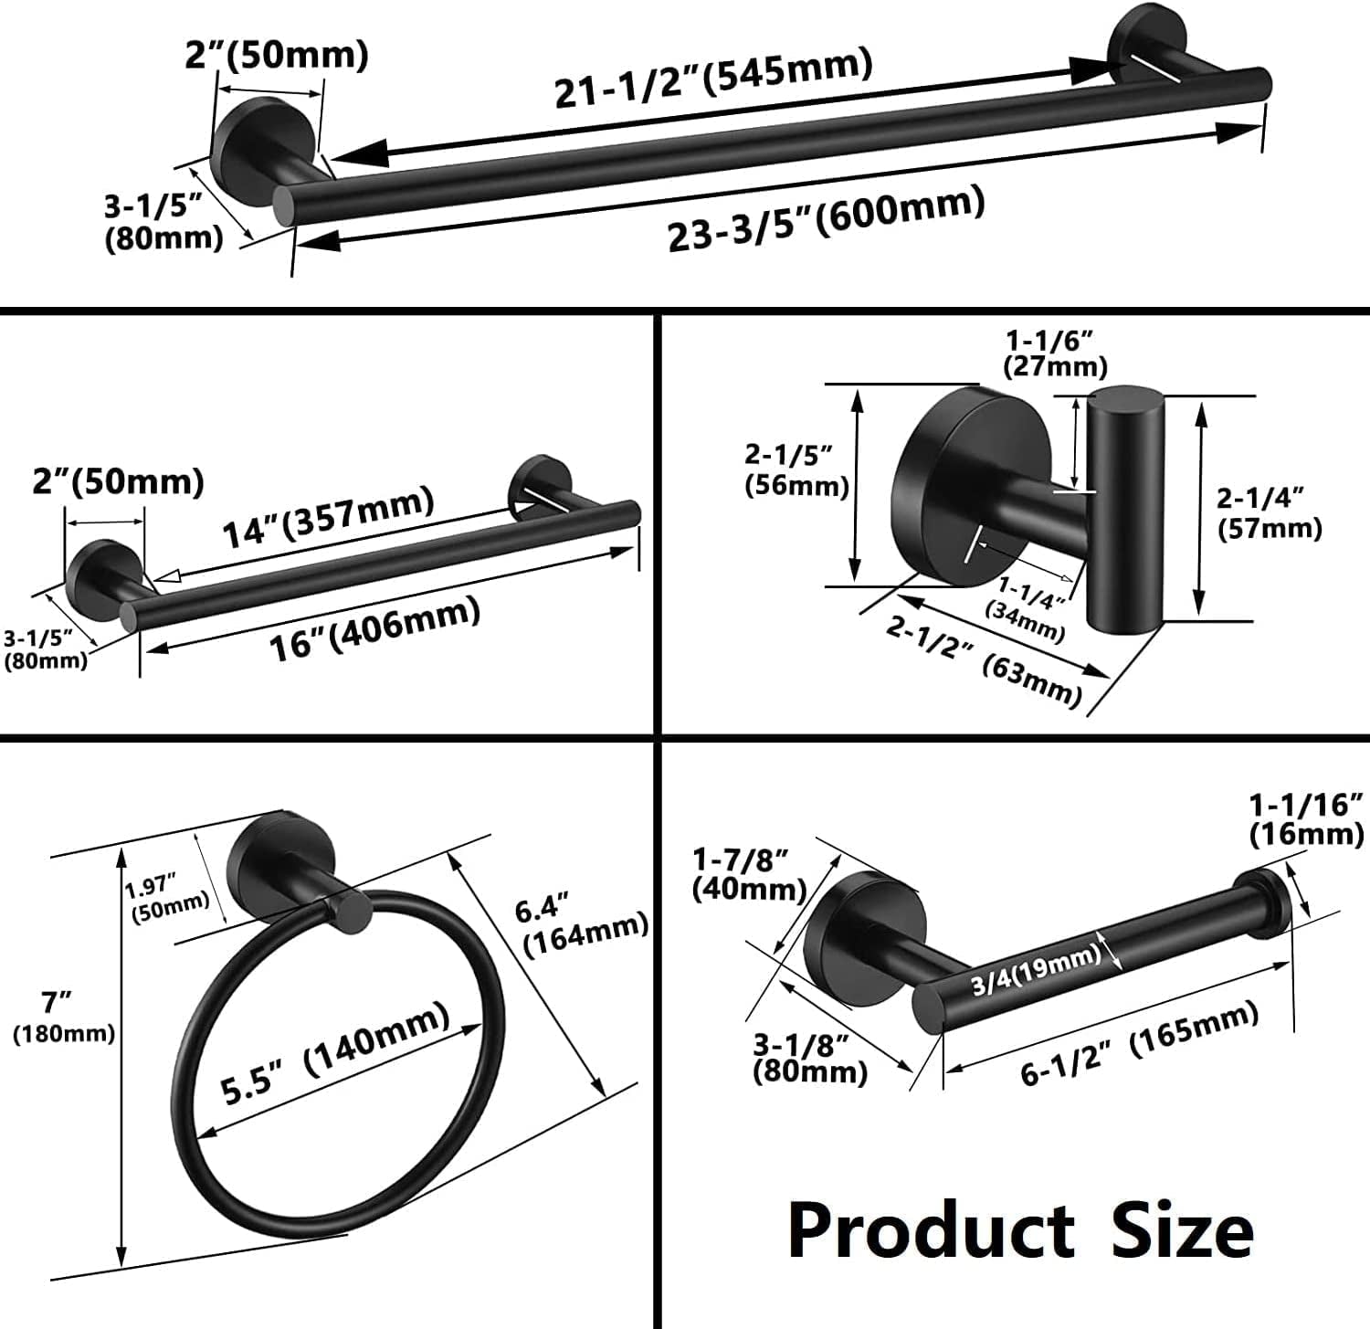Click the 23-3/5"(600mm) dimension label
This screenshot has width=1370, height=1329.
[x=827, y=218]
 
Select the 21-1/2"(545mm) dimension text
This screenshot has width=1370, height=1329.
[x=713, y=79]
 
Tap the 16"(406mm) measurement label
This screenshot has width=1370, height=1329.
[x=374, y=629]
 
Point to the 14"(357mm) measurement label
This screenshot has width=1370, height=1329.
[x=329, y=518]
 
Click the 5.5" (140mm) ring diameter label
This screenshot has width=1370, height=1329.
[x=337, y=1053]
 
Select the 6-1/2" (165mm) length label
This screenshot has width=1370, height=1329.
[x=1139, y=1043]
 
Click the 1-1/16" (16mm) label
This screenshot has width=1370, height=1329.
[x=1306, y=818]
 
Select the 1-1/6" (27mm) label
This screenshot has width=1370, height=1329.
[x=1054, y=354]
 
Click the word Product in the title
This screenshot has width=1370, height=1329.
[x=930, y=1229]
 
